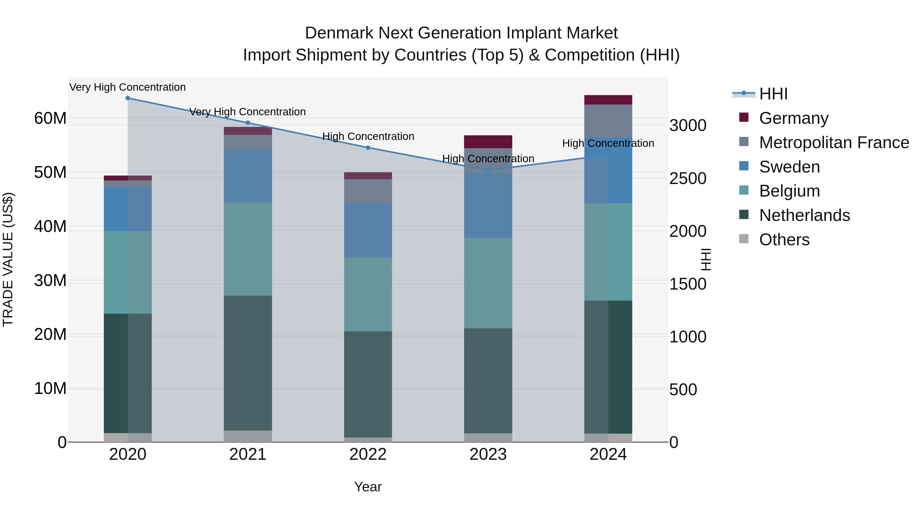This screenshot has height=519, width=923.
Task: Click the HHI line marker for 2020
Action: click(128, 98)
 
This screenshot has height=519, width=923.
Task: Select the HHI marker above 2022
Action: click(368, 148)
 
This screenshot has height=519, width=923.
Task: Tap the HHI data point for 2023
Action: click(488, 170)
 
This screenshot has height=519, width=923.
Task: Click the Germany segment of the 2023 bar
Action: click(488, 142)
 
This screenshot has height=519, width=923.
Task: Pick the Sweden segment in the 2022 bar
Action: click(368, 230)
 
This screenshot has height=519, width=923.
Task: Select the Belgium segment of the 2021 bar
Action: click(248, 249)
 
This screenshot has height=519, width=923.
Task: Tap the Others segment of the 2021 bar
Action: click(248, 436)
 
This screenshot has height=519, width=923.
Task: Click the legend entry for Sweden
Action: click(789, 167)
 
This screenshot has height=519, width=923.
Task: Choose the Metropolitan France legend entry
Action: click(834, 143)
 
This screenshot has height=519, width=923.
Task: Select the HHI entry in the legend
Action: click(773, 94)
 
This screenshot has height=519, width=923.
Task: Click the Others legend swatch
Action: click(744, 239)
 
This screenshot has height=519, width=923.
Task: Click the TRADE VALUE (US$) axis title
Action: click(8, 259)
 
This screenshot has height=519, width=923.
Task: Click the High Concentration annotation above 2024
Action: click(608, 143)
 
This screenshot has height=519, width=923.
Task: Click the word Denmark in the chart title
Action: click(339, 33)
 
